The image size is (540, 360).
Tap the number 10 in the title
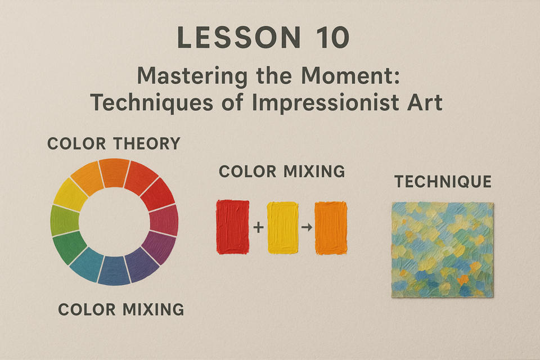click(x=331, y=37)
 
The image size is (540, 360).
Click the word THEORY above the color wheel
click(x=147, y=143)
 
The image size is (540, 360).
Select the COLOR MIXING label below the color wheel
click(x=121, y=309)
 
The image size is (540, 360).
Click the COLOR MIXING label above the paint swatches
click(x=282, y=171)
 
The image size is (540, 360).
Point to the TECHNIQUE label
click(x=443, y=182)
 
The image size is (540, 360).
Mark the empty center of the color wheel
click(x=114, y=222)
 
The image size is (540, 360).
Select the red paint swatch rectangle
click(x=232, y=227)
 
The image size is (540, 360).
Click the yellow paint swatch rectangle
click(x=282, y=228)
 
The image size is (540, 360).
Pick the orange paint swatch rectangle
click(x=331, y=228)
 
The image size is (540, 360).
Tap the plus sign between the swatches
click(x=258, y=227)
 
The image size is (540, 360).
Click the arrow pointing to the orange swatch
click(x=307, y=227)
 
